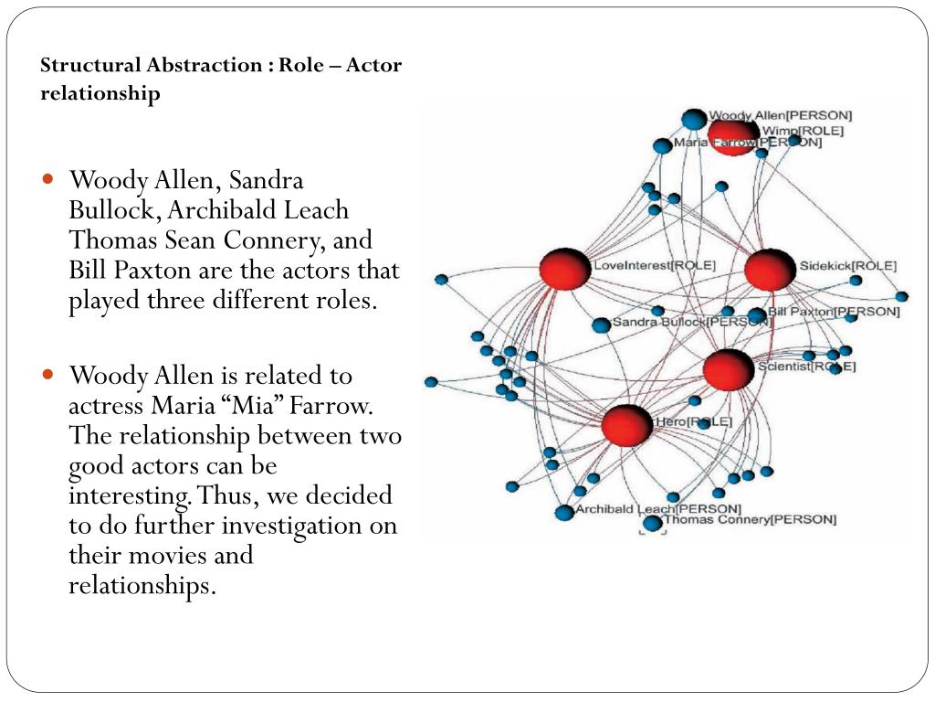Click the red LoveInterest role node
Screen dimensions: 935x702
tap(565, 270)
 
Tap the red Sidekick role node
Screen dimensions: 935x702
tap(770, 271)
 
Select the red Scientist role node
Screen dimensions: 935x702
tap(729, 369)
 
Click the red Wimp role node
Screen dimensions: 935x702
tap(733, 137)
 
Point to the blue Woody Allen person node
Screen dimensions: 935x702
tap(695, 119)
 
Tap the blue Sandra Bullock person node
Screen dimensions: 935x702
tap(601, 324)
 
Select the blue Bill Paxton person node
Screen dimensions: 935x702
tap(757, 315)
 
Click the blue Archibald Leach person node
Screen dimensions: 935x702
tap(564, 513)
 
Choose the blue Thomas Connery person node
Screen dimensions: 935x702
tap(652, 523)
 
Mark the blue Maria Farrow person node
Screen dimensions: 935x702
tap(662, 145)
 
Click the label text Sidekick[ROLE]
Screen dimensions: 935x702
tap(848, 266)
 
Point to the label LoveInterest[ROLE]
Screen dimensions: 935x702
tap(655, 266)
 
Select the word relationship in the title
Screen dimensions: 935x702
tap(100, 93)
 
